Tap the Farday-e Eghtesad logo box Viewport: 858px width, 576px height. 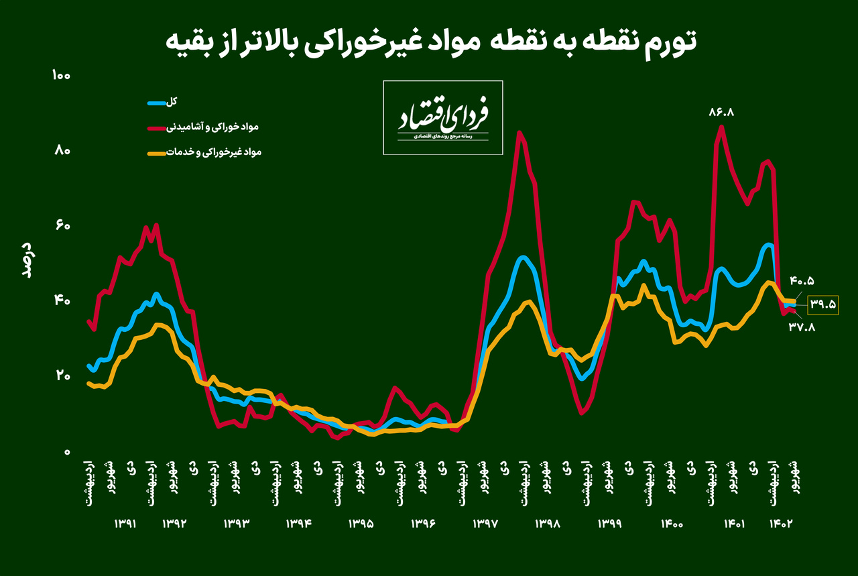point(443,117)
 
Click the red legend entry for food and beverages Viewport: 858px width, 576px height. point(204,127)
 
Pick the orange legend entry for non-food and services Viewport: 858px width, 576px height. point(204,153)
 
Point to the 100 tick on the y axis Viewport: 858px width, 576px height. point(61,75)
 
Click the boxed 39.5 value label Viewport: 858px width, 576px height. point(823,304)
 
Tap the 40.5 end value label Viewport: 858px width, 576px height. point(803,280)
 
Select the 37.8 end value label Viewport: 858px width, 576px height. point(802,328)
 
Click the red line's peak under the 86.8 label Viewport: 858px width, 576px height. point(721,127)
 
